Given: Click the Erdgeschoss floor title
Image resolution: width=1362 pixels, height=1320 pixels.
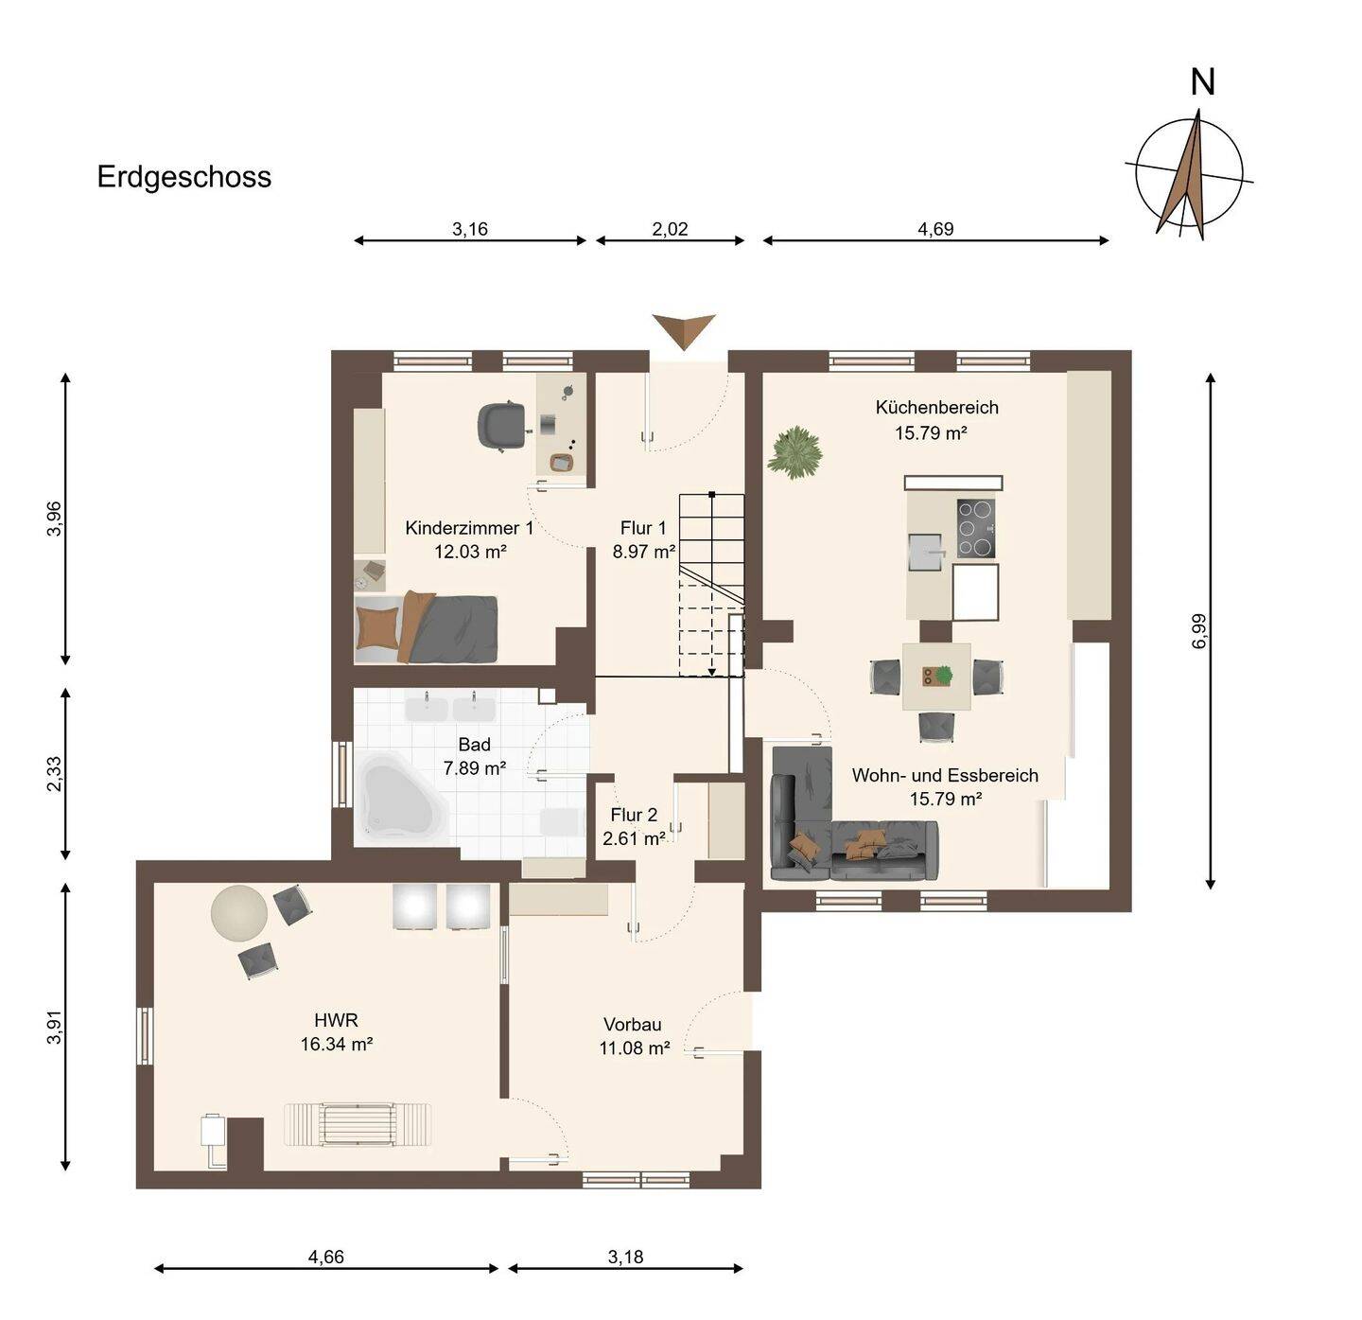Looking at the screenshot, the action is (184, 177).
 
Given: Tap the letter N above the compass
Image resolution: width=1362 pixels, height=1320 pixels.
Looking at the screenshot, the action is (1202, 82).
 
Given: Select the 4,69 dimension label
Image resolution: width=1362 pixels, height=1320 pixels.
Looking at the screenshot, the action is (935, 229).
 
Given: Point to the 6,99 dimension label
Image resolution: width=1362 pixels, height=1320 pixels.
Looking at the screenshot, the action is (1199, 631).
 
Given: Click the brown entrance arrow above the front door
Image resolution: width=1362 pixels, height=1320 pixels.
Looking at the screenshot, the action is (684, 330).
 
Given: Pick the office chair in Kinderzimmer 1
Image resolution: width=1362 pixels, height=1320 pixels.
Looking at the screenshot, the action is (502, 425).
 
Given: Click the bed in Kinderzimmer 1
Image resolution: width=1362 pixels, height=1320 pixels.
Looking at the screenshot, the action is (427, 628).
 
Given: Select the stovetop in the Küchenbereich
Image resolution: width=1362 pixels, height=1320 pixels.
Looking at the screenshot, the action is (976, 528).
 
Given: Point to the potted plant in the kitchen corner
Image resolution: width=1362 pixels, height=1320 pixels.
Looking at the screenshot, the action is (794, 452).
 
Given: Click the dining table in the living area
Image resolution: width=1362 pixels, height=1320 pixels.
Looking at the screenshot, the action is (936, 677).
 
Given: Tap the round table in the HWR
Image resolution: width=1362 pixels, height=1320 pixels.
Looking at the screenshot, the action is (239, 912).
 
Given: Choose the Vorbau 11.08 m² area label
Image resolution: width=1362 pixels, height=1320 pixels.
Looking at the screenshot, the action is (634, 1036).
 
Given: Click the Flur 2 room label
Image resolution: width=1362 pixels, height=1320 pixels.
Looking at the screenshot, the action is (634, 815).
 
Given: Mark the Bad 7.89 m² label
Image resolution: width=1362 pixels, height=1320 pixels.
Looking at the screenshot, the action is (475, 756).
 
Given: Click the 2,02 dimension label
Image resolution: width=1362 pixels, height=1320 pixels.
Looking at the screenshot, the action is (670, 229).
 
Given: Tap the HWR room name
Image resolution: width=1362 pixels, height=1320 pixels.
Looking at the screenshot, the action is (336, 1020).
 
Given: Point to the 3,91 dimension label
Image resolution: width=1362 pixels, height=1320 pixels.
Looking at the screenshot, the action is (54, 1027).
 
